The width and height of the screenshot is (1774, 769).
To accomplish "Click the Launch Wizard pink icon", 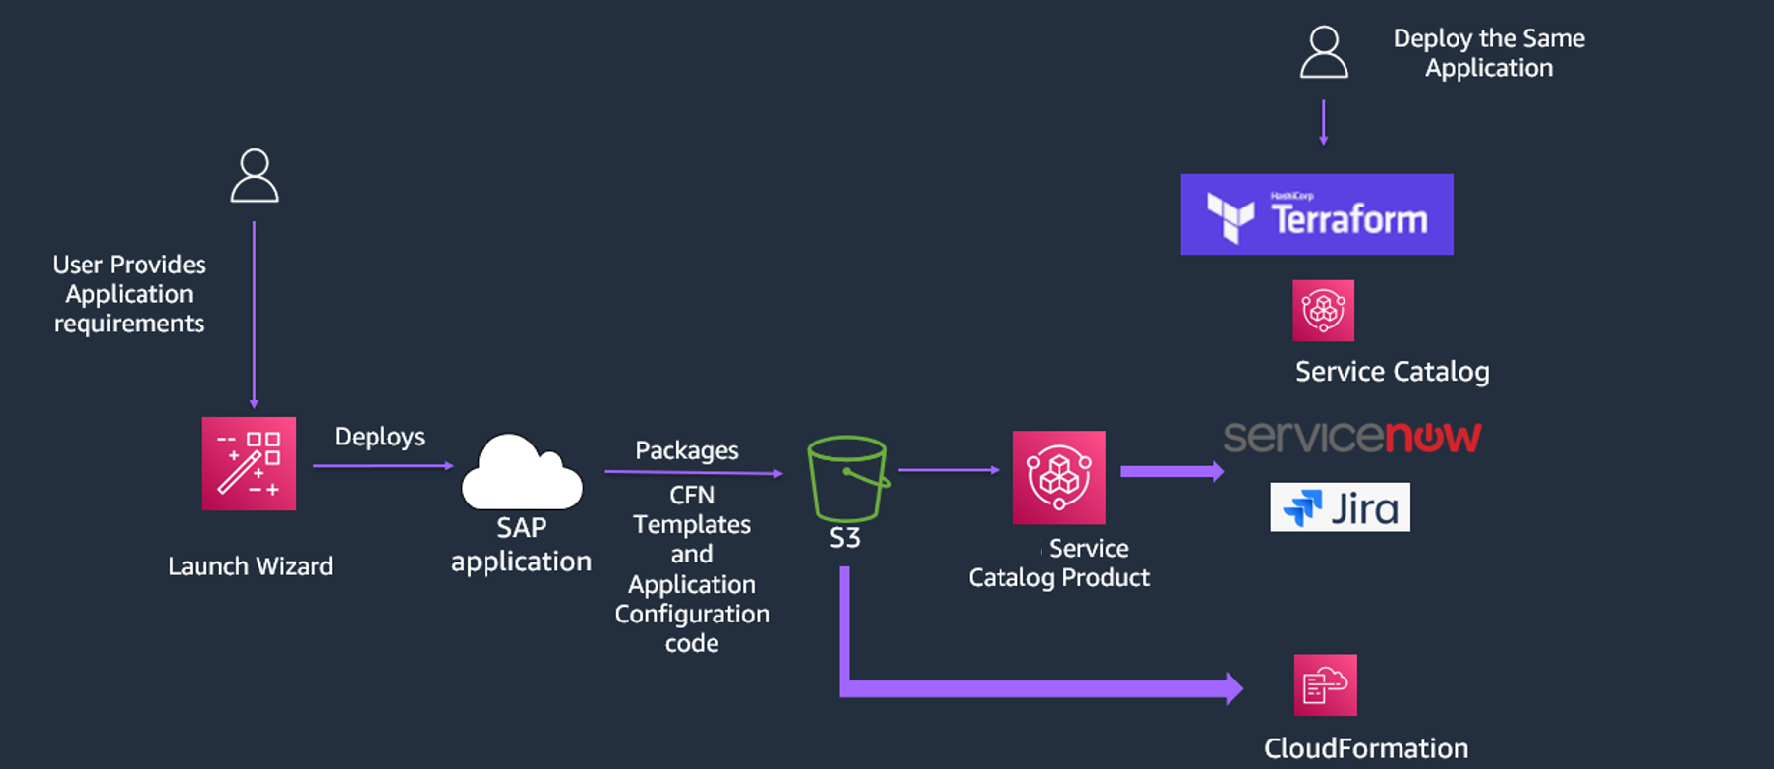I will (249, 463).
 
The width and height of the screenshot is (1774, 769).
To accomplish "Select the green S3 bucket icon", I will (847, 479).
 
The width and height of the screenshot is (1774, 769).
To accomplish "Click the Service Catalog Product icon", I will (1059, 477).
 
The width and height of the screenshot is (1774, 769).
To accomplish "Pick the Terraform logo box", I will (1316, 214).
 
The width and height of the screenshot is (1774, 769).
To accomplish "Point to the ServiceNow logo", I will (1351, 436).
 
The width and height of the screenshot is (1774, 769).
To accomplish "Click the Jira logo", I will (1340, 507).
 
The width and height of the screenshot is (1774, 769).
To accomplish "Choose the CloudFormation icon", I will (1325, 685).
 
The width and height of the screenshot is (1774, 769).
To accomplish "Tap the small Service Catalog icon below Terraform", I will (1323, 311).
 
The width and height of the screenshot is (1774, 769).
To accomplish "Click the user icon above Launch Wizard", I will (255, 176).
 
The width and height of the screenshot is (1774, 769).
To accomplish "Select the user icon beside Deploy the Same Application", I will (1324, 52).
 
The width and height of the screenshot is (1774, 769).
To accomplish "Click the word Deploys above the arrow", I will (379, 437).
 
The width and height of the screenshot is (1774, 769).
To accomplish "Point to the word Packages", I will (686, 450).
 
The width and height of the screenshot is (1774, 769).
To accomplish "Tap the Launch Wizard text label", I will (251, 566).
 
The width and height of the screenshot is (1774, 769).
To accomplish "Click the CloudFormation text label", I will (1365, 748).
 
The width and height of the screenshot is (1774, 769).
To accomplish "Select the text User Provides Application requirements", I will (129, 294).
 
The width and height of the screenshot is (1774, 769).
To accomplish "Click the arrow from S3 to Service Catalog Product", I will (948, 470).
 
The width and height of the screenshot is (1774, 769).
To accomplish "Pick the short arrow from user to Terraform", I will (1323, 122).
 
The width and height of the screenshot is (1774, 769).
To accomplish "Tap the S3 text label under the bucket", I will (844, 538).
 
